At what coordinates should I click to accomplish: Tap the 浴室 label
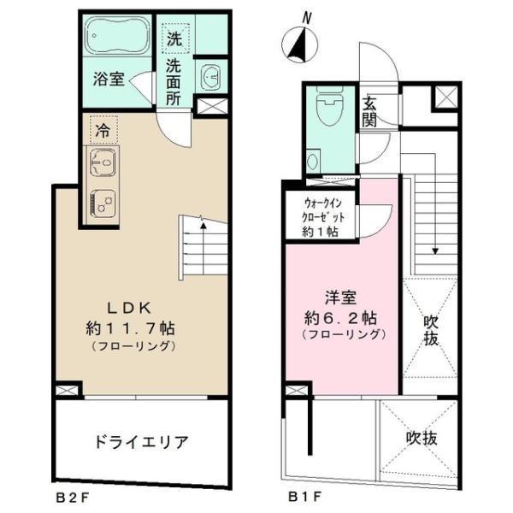pyautogui.click(x=109, y=81)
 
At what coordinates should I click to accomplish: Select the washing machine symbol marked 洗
pyautogui.click(x=174, y=38)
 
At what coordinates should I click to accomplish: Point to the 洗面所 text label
pyautogui.click(x=174, y=80)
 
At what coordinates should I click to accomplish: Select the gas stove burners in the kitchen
pyautogui.click(x=103, y=203)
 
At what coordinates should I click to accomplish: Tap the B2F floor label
pyautogui.click(x=71, y=495)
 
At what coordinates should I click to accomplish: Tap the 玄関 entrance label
pyautogui.click(x=370, y=110)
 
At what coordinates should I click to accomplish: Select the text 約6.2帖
pyautogui.click(x=341, y=316)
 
